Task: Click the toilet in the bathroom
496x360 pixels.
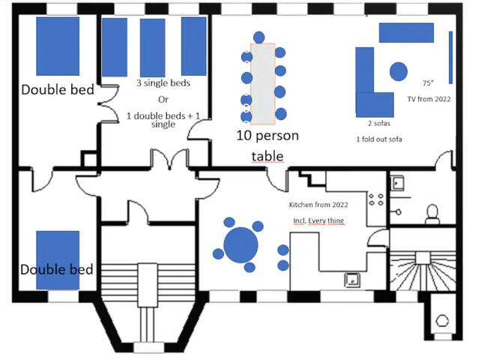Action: (x=432, y=214)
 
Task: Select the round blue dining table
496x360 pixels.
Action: (x=241, y=244)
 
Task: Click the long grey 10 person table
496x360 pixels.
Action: (x=263, y=83)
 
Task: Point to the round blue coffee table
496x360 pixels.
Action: (x=398, y=72)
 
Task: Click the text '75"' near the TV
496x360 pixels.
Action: (x=428, y=83)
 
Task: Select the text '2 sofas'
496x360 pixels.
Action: (x=378, y=123)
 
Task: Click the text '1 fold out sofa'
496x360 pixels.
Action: (x=381, y=139)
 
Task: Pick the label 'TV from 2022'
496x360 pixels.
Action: (x=429, y=99)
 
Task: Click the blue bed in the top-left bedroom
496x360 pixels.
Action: (x=58, y=45)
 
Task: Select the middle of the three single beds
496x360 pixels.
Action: (x=152, y=46)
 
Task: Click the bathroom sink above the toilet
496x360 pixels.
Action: (x=397, y=182)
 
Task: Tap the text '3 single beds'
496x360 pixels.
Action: (x=163, y=83)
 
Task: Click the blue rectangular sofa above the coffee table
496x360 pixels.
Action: (x=406, y=32)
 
